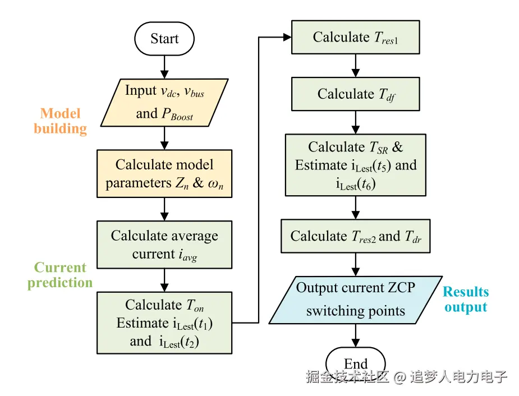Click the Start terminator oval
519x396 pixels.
point(164,39)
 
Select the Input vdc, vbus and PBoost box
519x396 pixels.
point(164,102)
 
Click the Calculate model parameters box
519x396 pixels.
point(164,173)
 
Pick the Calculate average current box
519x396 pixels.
point(164,245)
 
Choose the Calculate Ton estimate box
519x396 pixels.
point(164,323)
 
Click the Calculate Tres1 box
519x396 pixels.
point(355,38)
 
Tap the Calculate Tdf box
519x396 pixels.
point(355,94)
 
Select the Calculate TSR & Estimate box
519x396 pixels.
point(355,165)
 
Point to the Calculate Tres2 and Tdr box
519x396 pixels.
point(355,236)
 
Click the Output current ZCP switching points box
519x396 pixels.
point(355,300)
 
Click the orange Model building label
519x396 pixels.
point(60,121)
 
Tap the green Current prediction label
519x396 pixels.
point(60,275)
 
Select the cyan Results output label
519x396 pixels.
point(466,300)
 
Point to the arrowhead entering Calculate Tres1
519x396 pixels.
point(288,38)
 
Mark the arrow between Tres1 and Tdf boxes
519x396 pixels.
point(355,66)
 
